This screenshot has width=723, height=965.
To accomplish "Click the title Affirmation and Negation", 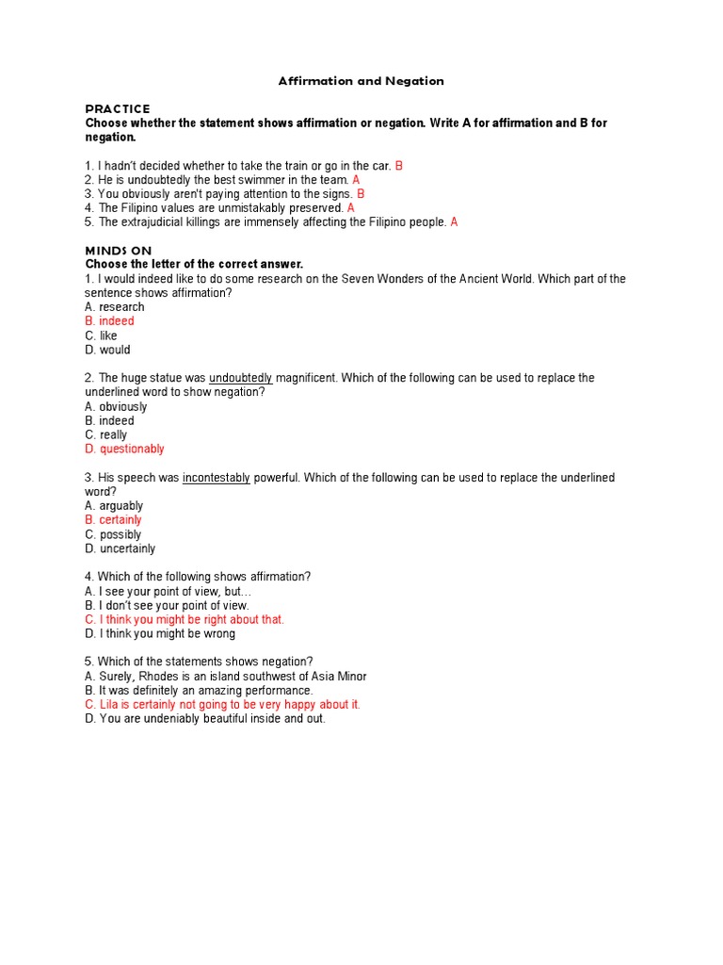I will [361, 81].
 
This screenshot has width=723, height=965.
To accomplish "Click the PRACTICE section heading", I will [118, 109].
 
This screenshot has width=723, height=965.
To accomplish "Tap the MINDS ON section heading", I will [119, 251].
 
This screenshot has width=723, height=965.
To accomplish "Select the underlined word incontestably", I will [217, 478].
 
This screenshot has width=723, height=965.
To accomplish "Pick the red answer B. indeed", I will [109, 321].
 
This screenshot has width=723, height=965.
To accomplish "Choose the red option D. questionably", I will [124, 450].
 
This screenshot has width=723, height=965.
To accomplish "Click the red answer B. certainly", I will [113, 520].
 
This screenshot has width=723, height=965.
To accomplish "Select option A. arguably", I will [114, 506].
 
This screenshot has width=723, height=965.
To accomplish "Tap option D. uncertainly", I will [120, 548].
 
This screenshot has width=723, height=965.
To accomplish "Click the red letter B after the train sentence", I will [399, 166].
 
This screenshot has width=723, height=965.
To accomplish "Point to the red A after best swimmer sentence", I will [356, 180].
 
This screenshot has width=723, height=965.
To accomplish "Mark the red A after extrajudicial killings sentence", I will [454, 222].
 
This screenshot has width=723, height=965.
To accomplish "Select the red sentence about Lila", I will [222, 705].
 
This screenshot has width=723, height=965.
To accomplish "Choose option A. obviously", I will [116, 407].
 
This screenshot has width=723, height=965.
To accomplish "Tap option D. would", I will [107, 350].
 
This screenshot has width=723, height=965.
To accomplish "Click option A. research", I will [114, 307].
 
